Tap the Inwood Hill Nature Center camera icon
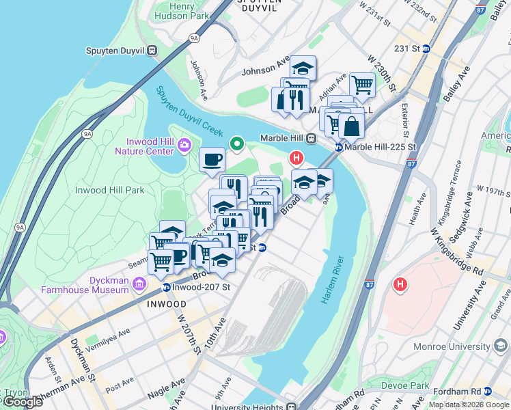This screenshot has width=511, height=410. [x=184, y=145]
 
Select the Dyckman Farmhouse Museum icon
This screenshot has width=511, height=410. [x=139, y=284]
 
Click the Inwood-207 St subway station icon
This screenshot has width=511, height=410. [x=167, y=286]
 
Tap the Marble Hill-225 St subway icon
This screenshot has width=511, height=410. [x=338, y=147]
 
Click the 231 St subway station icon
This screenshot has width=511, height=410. [x=425, y=49]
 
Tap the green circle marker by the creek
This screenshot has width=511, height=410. [x=237, y=143]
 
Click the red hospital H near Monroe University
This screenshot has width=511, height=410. [x=400, y=283]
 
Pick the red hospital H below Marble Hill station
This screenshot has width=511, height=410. [x=296, y=159]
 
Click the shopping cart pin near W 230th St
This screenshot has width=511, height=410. [x=361, y=85]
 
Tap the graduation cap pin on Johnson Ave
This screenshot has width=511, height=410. [x=303, y=68]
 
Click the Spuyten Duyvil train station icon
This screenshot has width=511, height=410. [x=153, y=50]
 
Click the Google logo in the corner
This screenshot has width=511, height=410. [x=23, y=402]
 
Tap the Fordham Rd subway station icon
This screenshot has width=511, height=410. [x=488, y=392]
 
